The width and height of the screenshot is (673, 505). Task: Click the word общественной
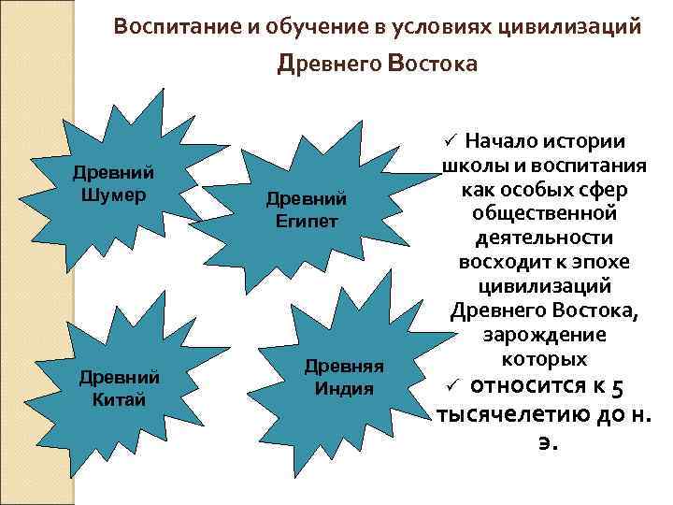click(542, 213)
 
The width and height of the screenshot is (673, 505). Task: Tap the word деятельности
click(542, 238)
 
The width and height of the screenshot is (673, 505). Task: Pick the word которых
click(542, 359)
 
